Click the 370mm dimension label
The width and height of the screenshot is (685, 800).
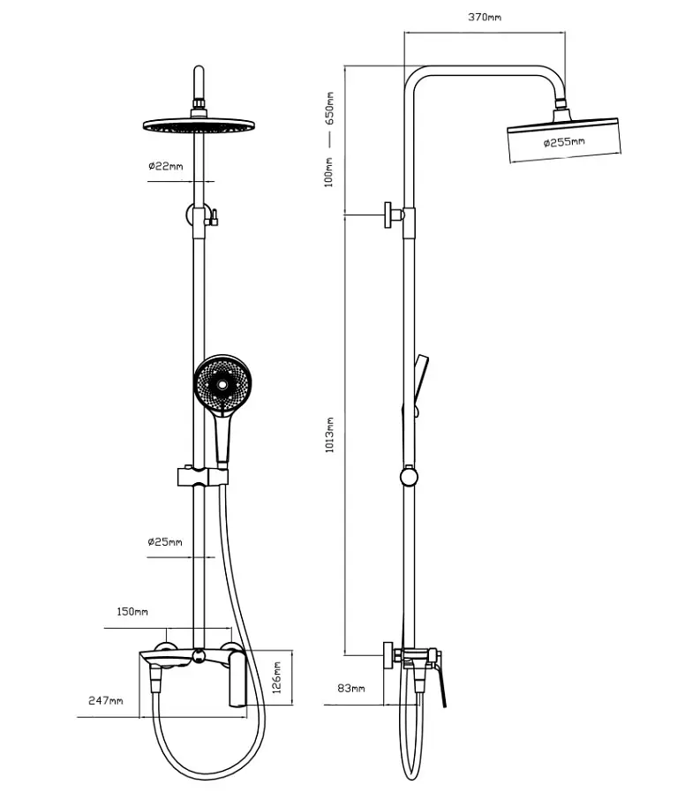pyautogui.click(x=485, y=18)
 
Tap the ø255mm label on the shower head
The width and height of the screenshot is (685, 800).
pyautogui.click(x=564, y=142)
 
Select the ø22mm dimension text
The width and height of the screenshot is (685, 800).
pyautogui.click(x=165, y=166)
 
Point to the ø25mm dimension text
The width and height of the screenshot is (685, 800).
pyautogui.click(x=165, y=542)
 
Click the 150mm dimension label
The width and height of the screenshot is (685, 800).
pyautogui.click(x=132, y=611)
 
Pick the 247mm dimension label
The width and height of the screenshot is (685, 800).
pyautogui.click(x=106, y=700)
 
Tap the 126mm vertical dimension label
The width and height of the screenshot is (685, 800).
pyautogui.click(x=277, y=677)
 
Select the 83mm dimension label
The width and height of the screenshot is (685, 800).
pyautogui.click(x=351, y=688)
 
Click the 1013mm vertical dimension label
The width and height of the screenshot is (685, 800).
pyautogui.click(x=329, y=434)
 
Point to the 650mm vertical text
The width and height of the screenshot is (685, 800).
pyautogui.click(x=329, y=109)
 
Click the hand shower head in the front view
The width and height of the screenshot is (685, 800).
pyautogui.click(x=222, y=384)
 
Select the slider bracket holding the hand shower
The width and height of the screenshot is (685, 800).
pyautogui.click(x=202, y=476)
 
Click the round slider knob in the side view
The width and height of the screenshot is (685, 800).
pyautogui.click(x=409, y=477)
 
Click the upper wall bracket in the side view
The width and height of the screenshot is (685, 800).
pyautogui.click(x=395, y=215)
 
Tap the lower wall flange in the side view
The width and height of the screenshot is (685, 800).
pyautogui.click(x=388, y=655)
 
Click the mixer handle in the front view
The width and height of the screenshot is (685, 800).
pyautogui.click(x=237, y=678)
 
